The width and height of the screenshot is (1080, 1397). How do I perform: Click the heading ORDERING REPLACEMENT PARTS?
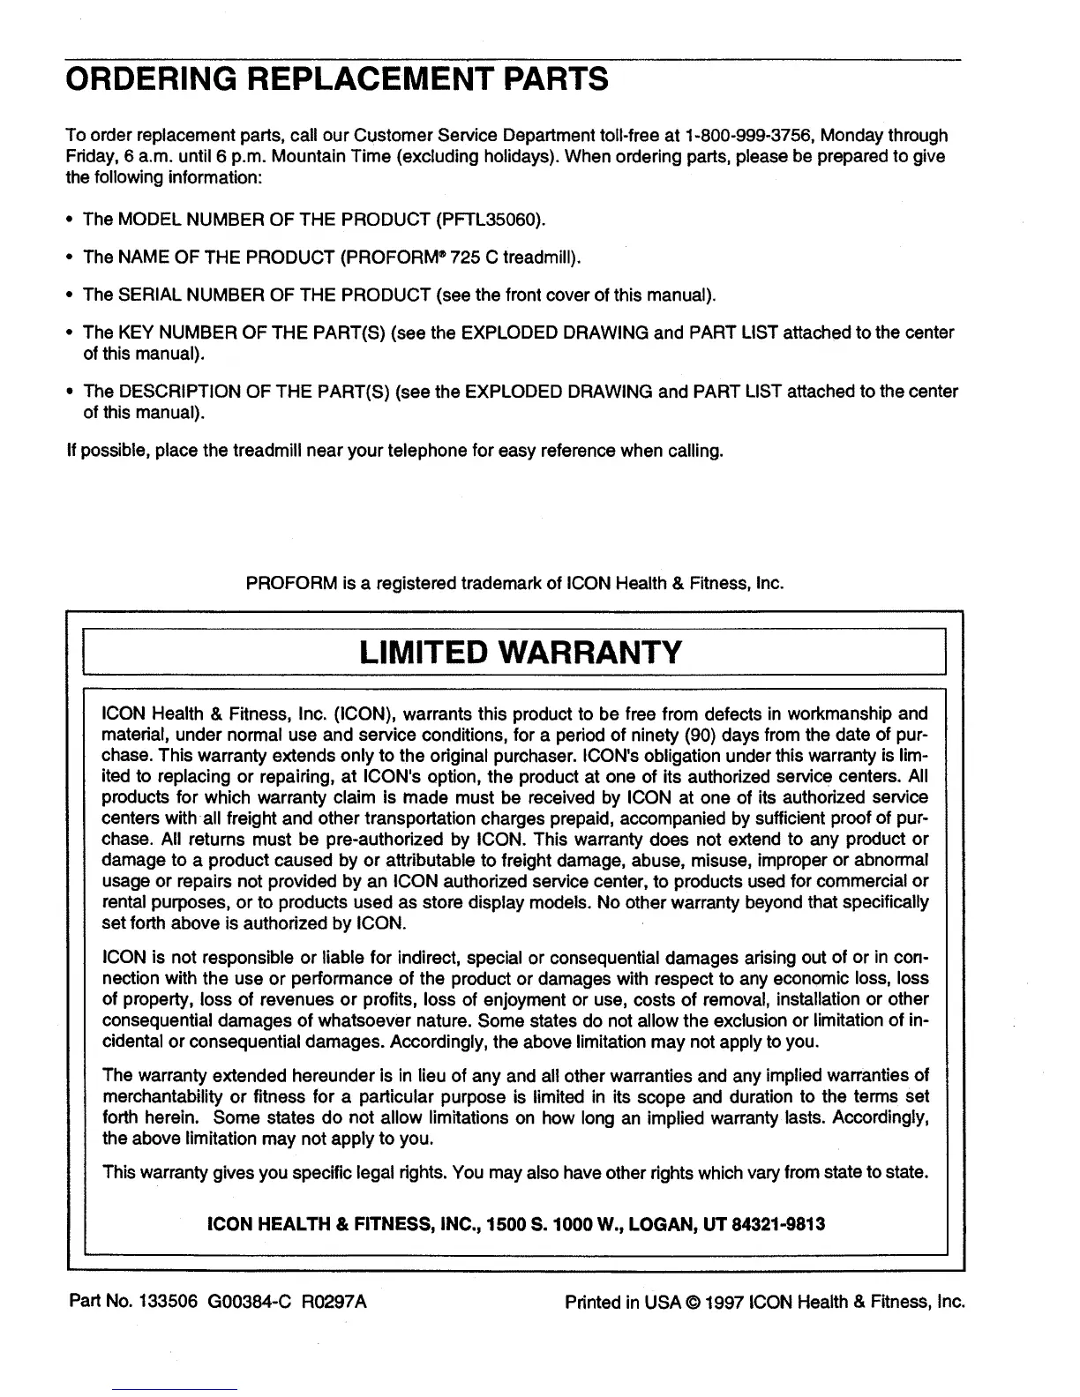pos(336,78)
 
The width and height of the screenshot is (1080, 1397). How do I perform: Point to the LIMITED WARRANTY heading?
pos(521,653)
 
